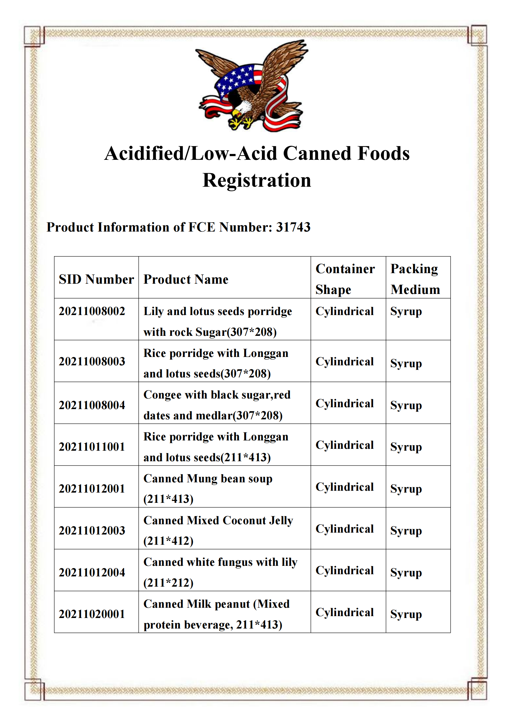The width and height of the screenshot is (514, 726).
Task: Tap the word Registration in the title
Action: click(x=257, y=181)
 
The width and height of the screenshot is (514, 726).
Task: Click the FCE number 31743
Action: click(x=293, y=227)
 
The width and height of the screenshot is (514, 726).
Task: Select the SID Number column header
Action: click(x=96, y=280)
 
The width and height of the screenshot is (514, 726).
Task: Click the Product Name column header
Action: click(x=186, y=280)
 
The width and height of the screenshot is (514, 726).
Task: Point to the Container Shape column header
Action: click(x=345, y=279)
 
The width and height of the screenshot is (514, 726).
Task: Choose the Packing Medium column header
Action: click(x=415, y=279)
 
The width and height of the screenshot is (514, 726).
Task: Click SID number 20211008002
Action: click(x=92, y=311)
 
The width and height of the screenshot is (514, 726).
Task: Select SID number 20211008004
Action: click(x=92, y=405)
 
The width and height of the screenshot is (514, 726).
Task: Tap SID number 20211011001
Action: click(x=92, y=447)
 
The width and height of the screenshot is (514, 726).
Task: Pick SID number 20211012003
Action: click(x=92, y=530)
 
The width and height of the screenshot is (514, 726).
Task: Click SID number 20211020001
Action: click(x=92, y=614)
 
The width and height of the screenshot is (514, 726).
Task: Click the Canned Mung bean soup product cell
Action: click(x=208, y=489)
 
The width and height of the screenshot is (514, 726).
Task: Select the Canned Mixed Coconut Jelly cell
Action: click(x=218, y=530)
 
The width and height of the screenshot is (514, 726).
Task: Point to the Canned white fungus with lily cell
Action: click(x=220, y=572)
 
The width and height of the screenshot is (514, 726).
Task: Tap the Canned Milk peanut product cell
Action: click(x=217, y=614)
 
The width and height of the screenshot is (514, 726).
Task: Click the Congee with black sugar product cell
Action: click(x=217, y=405)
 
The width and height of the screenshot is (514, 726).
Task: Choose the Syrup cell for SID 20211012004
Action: click(x=406, y=573)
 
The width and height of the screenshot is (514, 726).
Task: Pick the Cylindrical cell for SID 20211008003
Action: click(x=344, y=362)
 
